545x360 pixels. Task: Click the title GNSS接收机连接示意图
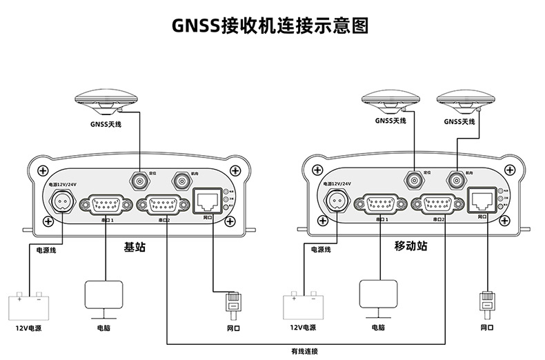tap(271, 26)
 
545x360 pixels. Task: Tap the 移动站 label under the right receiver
tap(410, 246)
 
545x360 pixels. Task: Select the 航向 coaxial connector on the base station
tap(181, 181)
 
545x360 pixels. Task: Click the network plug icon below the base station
tap(232, 303)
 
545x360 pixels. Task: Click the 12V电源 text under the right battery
tap(304, 328)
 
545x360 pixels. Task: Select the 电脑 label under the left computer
tap(103, 328)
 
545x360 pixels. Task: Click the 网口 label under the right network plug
tap(487, 328)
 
